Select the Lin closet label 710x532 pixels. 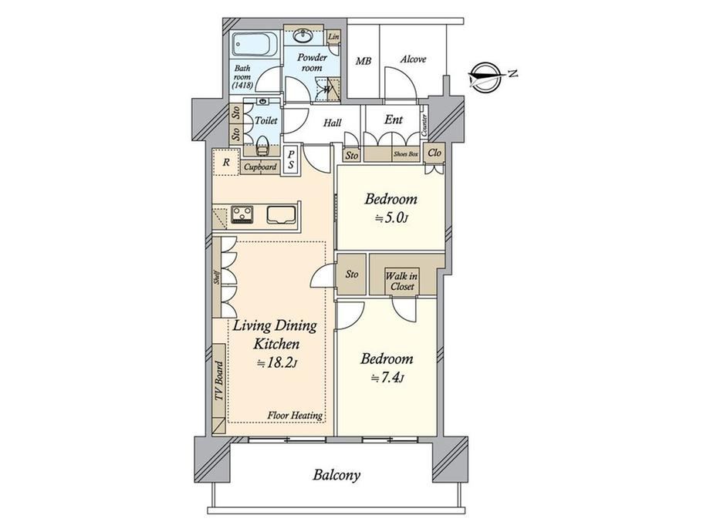(333, 37)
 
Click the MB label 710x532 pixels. (363, 61)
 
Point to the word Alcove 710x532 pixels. (413, 59)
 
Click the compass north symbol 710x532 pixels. (486, 77)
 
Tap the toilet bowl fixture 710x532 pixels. (262, 145)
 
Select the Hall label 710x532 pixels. (333, 123)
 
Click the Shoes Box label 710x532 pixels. (405, 153)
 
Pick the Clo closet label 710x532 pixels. (434, 153)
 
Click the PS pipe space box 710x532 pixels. (290, 160)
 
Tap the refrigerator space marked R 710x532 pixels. (226, 162)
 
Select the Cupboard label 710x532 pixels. (260, 167)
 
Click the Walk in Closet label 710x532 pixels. (402, 281)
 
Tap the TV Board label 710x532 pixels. (219, 380)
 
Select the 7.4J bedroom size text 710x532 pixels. (387, 379)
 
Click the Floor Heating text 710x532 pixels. (295, 416)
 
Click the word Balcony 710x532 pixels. (336, 475)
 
